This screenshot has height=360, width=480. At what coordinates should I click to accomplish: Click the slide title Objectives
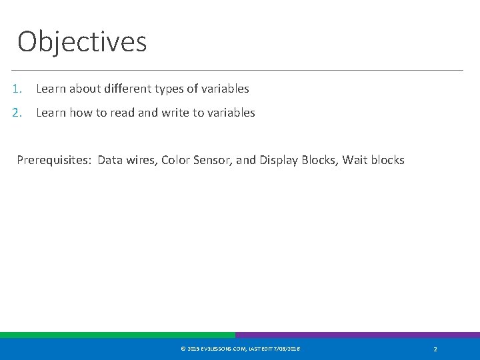pos(82,41)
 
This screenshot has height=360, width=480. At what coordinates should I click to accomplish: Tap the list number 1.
pos(16,89)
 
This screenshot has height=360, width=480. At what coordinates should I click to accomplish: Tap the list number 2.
pos(17,113)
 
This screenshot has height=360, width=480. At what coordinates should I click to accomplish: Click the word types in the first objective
pos(163,89)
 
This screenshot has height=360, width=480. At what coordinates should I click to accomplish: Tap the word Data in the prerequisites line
pos(111,160)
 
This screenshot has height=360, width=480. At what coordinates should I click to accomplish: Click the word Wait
pos(355,160)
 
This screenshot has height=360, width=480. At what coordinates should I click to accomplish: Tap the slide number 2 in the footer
pos(435,349)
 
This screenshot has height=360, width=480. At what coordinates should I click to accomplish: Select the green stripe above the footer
pos(117,335)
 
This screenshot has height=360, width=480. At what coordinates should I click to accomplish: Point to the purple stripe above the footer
pos(357,335)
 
